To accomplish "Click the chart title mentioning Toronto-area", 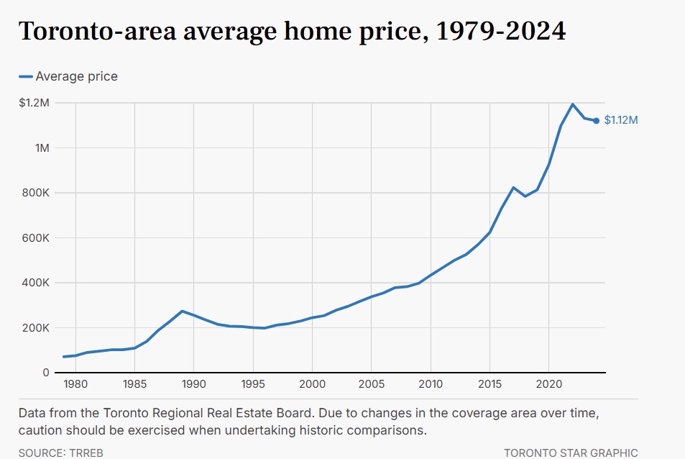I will point(292,32).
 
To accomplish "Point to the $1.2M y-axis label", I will point(35,103).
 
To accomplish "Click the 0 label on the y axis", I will point(46,373).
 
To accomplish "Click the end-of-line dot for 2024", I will point(597,121).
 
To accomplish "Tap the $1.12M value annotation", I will point(620,120).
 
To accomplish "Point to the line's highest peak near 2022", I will point(573,104).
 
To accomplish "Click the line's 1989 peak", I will point(182,312).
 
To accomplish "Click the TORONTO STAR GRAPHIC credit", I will point(571,453).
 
